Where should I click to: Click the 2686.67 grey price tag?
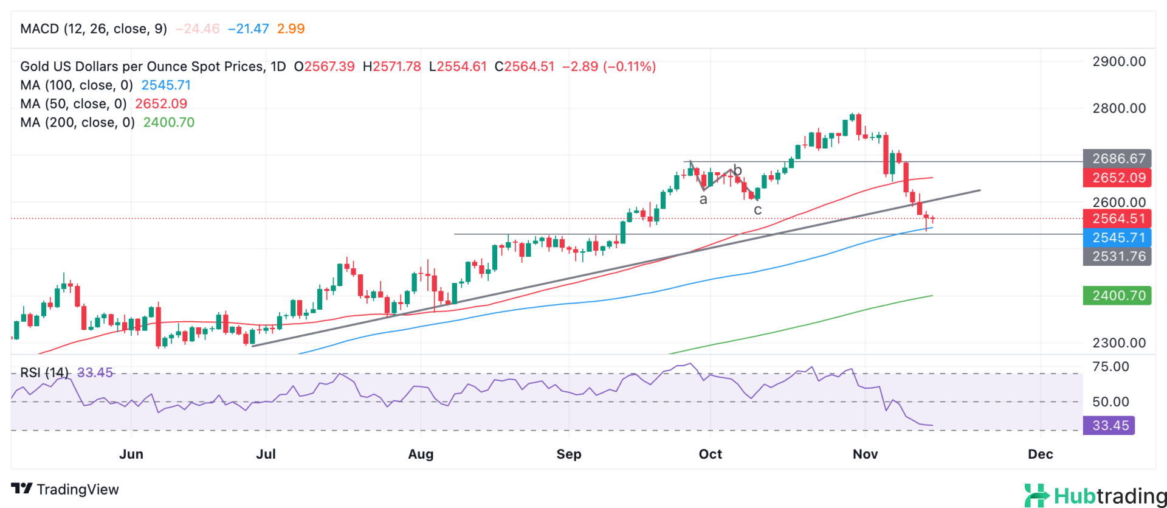[x=1117, y=159]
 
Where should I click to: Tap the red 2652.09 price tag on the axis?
[x=1117, y=178]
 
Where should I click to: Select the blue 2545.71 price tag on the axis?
[x=1117, y=237]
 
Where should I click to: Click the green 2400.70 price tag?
[x=1117, y=296]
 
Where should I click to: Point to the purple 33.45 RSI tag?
[x=1109, y=425]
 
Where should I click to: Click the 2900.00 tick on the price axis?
[x=1118, y=61]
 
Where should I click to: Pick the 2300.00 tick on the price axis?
[x=1118, y=343]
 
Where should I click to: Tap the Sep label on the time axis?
[x=569, y=454]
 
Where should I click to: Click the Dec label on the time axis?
[x=1040, y=454]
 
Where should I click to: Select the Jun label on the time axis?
[x=131, y=454]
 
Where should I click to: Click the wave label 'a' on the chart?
[x=703, y=200]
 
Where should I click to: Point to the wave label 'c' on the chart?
[x=757, y=211]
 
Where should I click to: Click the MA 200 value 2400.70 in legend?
[x=168, y=122]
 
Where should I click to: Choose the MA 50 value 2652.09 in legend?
[x=161, y=103]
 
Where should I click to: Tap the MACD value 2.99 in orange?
[x=291, y=29]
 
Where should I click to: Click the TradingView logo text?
[x=77, y=489]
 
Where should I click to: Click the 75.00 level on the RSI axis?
[x=1110, y=366]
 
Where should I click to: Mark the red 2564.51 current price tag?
[x=1117, y=218]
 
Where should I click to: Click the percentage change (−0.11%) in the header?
[x=629, y=66]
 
